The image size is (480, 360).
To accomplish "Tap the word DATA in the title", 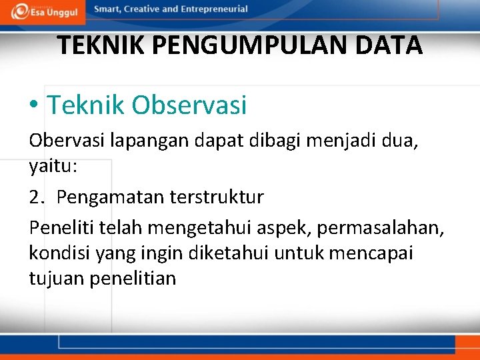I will click(x=391, y=46).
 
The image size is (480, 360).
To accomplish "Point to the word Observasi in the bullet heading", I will click(x=189, y=105).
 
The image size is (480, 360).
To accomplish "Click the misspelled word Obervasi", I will click(x=66, y=142).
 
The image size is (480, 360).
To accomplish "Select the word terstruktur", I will click(x=217, y=197).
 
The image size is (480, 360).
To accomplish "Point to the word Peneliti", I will click(x=61, y=228).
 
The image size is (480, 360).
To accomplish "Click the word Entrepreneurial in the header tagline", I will click(x=212, y=9).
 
